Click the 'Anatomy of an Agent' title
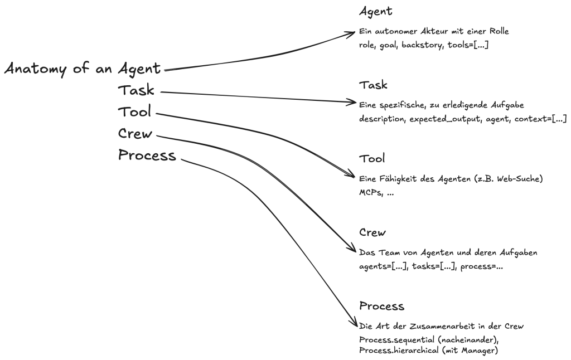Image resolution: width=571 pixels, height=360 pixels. point(83,69)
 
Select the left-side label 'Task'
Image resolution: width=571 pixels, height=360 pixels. point(136,90)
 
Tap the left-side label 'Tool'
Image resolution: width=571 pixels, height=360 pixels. point(134,112)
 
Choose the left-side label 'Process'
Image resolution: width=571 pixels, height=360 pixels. point(147,155)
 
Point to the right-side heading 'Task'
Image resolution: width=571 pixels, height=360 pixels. point(373,85)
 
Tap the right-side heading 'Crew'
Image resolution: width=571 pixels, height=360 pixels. point(372,233)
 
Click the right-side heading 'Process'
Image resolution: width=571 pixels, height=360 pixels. point(381,307)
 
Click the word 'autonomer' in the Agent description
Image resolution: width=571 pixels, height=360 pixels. point(396,31)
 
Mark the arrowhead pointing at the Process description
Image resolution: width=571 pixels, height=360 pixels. point(354,324)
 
